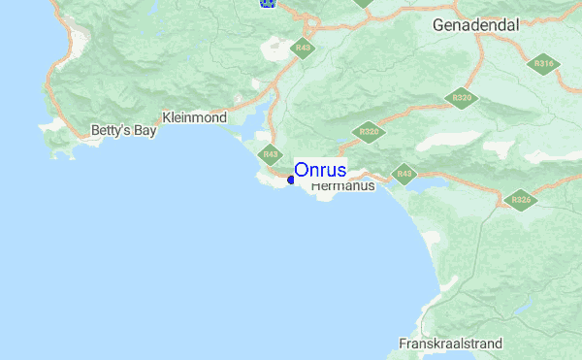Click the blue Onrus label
click(320, 170)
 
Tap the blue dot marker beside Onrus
click(291, 180)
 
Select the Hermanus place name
click(342, 187)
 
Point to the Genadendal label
click(476, 24)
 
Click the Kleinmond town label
click(194, 117)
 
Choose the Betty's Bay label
click(123, 130)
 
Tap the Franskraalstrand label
click(450, 344)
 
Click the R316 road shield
click(542, 64)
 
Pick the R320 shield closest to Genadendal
click(461, 98)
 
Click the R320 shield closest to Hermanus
click(368, 131)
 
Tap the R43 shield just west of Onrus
click(270, 153)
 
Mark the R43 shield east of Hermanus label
click(404, 175)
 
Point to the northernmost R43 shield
click(304, 48)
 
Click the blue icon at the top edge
click(268, 3)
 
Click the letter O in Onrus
click(301, 170)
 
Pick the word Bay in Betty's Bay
click(144, 130)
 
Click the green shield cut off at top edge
click(363, 3)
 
